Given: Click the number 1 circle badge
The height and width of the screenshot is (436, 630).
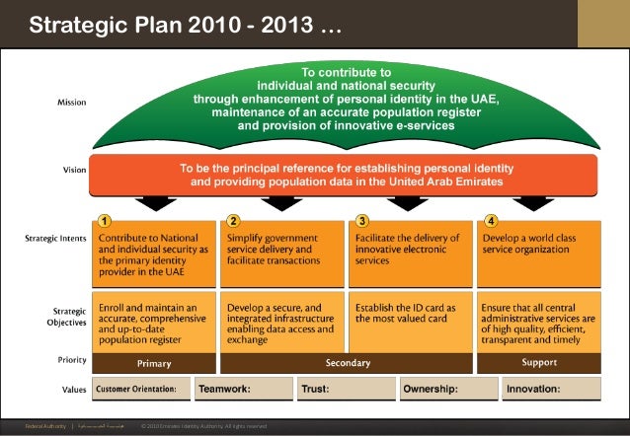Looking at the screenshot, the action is tap(105, 221).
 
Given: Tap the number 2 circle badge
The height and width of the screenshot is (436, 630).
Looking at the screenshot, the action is tap(233, 221).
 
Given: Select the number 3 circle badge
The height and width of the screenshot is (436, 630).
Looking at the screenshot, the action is tap(362, 221).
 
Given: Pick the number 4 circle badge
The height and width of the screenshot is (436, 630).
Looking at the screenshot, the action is tap(491, 221).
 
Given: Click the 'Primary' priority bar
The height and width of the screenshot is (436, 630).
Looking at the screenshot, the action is tap(153, 363).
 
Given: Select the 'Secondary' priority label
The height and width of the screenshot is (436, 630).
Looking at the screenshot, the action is tap(348, 363).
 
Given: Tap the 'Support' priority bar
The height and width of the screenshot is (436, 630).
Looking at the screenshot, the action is tap(539, 363).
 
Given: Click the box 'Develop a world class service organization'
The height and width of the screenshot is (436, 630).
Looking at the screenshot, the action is tap(539, 252).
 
